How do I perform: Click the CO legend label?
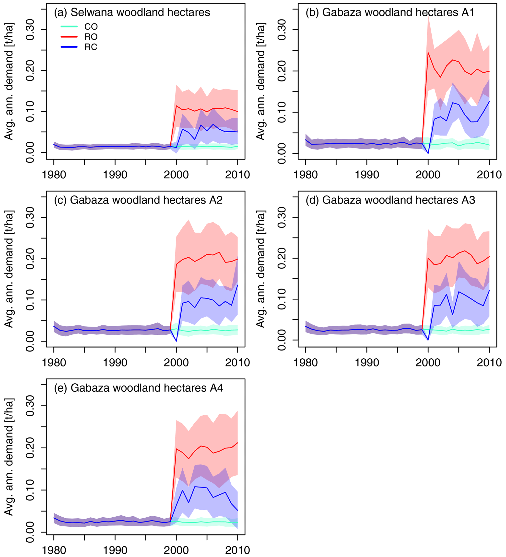click(91, 26)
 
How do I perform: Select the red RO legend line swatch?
click(69, 37)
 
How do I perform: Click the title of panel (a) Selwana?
click(132, 12)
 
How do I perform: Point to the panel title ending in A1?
click(390, 12)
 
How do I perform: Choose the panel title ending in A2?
click(138, 200)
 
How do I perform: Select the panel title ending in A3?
click(390, 200)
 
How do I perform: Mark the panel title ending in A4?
click(139, 388)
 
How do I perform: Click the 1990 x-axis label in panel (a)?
click(115, 175)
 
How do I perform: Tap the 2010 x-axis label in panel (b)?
click(489, 175)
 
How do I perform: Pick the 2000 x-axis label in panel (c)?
click(176, 362)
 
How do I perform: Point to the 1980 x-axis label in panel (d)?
click(306, 362)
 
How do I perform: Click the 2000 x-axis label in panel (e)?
click(176, 550)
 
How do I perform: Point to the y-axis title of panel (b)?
click(261, 81)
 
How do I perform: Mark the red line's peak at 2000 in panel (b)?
click(428, 53)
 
